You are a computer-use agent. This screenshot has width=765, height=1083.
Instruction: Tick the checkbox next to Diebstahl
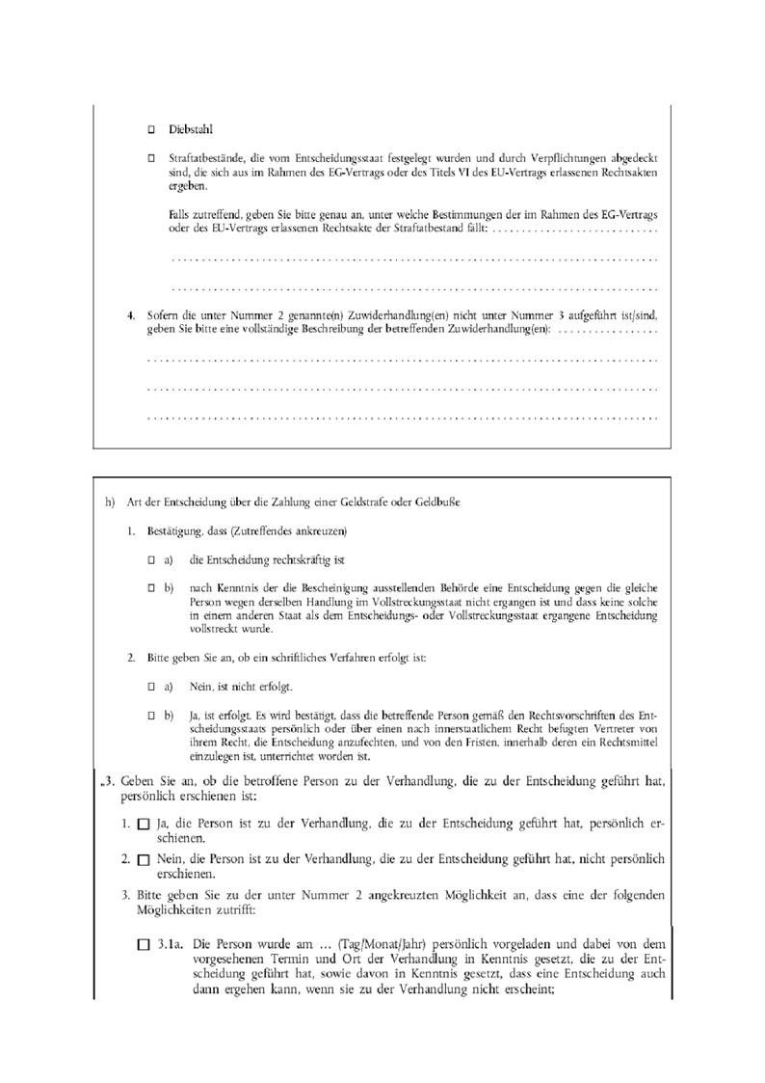150,129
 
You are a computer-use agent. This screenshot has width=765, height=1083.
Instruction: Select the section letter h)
110,502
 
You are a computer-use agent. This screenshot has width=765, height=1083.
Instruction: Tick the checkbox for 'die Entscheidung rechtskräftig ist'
151,559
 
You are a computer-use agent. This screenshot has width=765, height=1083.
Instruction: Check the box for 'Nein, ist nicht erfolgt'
151,686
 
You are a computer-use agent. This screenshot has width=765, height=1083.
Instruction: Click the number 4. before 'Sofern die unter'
132,315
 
